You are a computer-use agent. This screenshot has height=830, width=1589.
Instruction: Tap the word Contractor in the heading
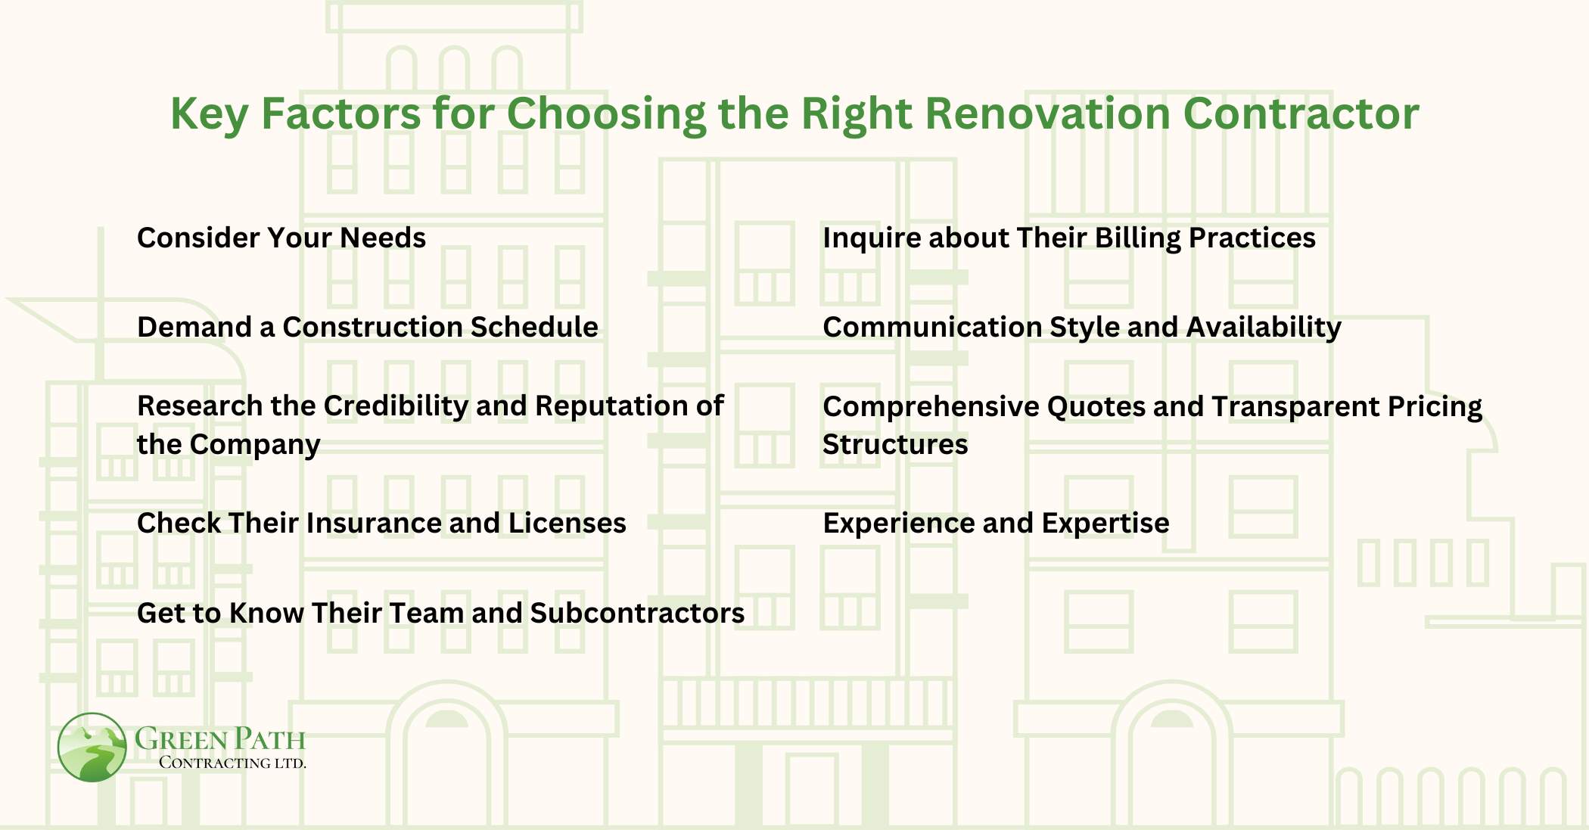[x=1300, y=113]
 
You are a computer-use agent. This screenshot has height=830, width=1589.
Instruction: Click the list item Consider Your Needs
[x=281, y=238]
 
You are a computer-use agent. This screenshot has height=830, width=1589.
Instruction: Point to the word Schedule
[x=533, y=327]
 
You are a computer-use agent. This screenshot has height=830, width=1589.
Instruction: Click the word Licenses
[x=567, y=523]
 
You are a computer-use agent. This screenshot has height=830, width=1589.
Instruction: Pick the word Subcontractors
[x=637, y=613]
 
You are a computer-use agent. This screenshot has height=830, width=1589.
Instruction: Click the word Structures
[x=894, y=444]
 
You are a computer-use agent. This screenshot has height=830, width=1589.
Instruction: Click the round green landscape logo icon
[x=92, y=747]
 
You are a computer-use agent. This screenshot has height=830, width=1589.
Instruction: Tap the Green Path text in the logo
[x=220, y=738]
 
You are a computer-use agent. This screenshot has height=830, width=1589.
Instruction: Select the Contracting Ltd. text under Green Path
[x=232, y=763]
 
